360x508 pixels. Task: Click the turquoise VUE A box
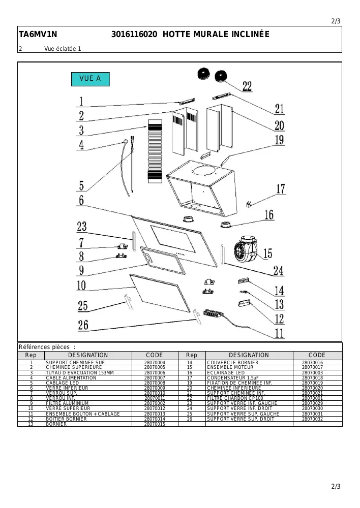[x=91, y=79]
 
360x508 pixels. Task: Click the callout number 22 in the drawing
[x=247, y=86]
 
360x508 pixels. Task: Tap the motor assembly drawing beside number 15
[x=246, y=248]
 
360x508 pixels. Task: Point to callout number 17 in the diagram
[x=281, y=189]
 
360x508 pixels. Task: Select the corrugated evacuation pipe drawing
[x=155, y=151]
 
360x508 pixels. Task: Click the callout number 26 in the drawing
[x=83, y=325]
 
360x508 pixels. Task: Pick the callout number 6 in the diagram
[x=81, y=200]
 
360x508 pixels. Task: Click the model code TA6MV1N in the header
[x=38, y=34]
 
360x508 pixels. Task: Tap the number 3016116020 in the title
[x=134, y=34]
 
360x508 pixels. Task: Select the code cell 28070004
[x=155, y=363]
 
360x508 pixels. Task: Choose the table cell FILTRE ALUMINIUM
[x=67, y=403]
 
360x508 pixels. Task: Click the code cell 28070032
[x=312, y=419]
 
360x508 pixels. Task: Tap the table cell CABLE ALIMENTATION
[x=71, y=378]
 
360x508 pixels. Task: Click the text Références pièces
[x=44, y=347]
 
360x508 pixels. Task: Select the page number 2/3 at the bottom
[x=336, y=486]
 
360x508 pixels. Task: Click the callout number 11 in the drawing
[x=279, y=333]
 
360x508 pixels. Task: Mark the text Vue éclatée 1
[x=63, y=49]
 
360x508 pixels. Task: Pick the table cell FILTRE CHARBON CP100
[x=235, y=398]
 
